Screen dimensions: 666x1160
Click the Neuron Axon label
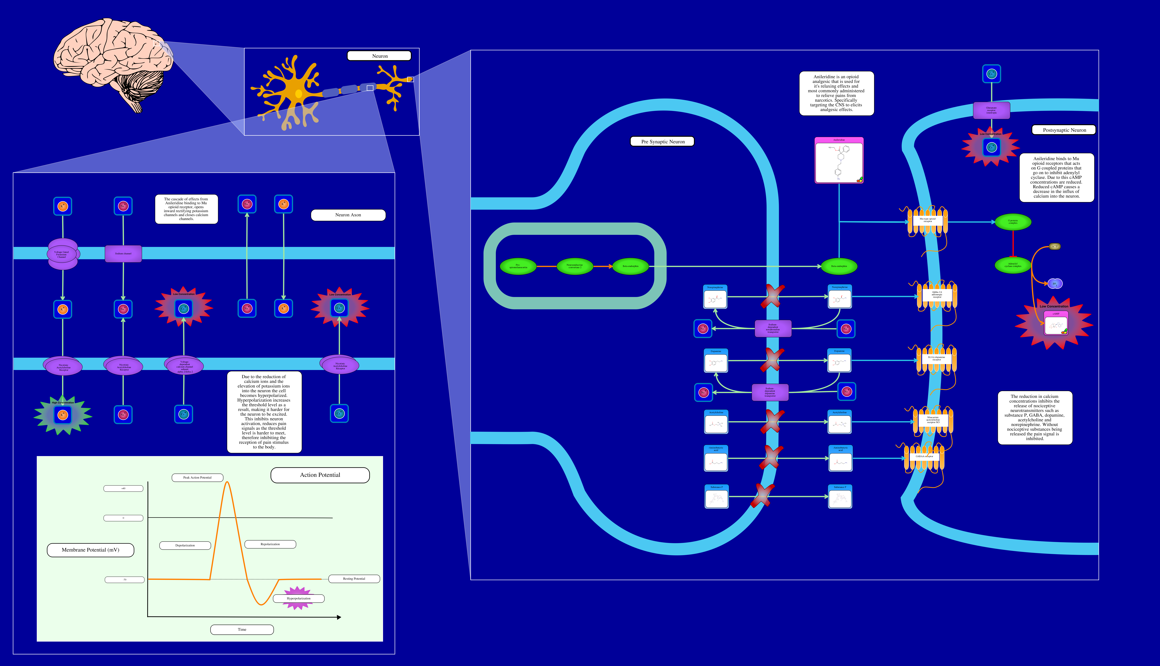pos(348,215)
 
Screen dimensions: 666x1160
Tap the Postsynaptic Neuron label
pos(1064,130)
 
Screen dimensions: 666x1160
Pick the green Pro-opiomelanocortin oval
pos(518,266)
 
